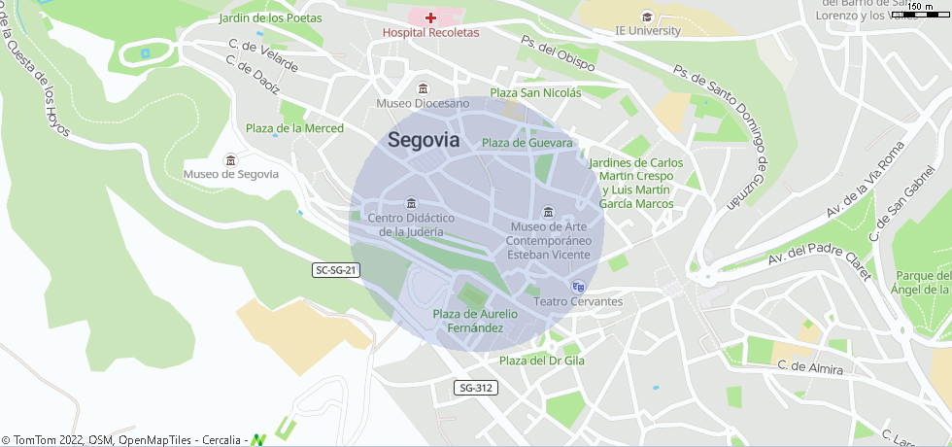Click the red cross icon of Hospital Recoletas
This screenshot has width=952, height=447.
[430, 17]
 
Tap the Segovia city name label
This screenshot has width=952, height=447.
[424, 140]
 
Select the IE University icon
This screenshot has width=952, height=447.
[648, 16]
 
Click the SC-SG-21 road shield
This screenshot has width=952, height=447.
[337, 270]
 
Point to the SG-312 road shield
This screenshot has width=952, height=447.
[476, 388]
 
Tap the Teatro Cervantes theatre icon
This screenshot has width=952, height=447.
[579, 287]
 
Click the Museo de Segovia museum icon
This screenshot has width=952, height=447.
[230, 159]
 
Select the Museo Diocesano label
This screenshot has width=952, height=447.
[423, 103]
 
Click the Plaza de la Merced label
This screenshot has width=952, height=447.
[294, 128]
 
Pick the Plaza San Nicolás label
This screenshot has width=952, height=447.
[535, 93]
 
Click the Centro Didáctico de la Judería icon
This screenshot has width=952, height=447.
[411, 203]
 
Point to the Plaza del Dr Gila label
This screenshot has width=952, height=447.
[542, 361]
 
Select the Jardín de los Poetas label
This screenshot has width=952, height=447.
[271, 17]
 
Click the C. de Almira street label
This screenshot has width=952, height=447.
[810, 367]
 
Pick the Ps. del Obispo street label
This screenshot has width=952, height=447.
[558, 54]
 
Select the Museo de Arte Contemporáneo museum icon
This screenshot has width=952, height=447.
[549, 213]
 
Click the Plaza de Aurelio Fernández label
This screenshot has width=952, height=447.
[475, 321]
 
